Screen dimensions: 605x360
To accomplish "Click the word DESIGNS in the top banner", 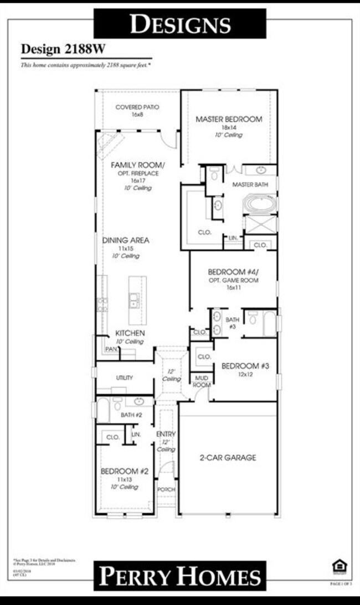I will click(180, 24).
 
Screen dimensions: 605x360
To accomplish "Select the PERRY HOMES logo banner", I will click(180, 576).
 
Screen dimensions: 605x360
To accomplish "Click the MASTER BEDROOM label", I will click(229, 119).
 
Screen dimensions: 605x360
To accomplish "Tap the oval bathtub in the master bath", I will click(260, 204).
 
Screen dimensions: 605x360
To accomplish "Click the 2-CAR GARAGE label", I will click(228, 458).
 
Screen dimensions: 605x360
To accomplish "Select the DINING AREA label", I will click(126, 241).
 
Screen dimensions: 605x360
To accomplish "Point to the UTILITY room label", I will click(124, 378).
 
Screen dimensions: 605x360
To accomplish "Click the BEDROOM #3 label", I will click(244, 366).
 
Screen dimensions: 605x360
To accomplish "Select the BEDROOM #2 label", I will click(125, 471).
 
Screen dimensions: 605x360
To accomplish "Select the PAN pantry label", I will click(111, 349).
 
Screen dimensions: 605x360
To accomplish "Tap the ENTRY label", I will click(166, 434).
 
